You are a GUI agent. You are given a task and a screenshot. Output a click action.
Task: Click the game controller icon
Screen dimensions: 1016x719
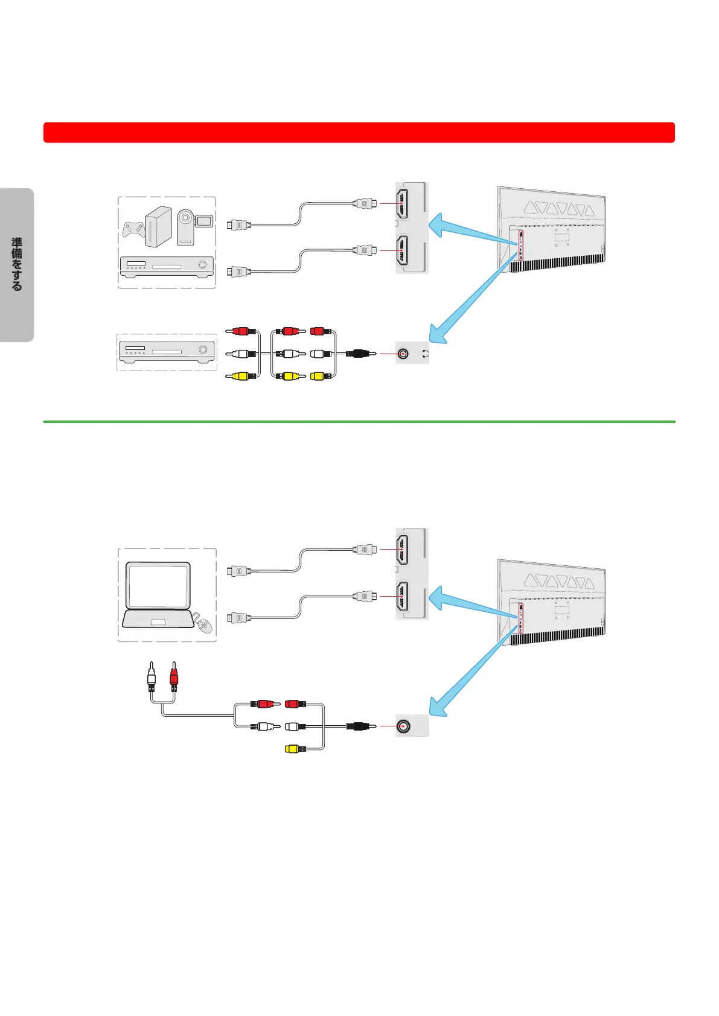tap(134, 230)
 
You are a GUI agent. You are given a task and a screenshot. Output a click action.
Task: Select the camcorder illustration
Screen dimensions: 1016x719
tap(193, 226)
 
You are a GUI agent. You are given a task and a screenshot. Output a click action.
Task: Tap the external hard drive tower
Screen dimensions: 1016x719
tap(158, 227)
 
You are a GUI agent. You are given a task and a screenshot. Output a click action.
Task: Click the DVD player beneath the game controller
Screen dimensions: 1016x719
tap(167, 267)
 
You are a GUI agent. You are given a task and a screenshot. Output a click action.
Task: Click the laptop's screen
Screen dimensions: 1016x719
tap(158, 585)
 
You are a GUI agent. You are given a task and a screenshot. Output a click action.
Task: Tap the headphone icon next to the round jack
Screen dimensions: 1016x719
tap(426, 354)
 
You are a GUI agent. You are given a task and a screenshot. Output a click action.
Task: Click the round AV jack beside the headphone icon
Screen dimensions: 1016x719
tap(403, 354)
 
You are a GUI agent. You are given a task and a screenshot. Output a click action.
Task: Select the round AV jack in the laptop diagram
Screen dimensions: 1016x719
tap(403, 726)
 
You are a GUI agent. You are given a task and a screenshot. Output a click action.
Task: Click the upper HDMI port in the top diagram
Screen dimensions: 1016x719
tap(402, 203)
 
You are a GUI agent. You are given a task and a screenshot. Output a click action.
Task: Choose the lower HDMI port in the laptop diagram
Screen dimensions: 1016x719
tap(402, 596)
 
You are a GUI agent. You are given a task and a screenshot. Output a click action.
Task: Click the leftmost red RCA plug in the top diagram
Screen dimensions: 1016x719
tap(241, 331)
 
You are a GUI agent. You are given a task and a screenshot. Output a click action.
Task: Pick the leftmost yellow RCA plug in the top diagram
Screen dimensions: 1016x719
tap(241, 376)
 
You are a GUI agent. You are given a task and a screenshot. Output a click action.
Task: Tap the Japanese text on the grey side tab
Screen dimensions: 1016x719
tap(17, 264)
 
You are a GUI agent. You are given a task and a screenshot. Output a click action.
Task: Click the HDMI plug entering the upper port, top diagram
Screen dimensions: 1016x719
tap(364, 203)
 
